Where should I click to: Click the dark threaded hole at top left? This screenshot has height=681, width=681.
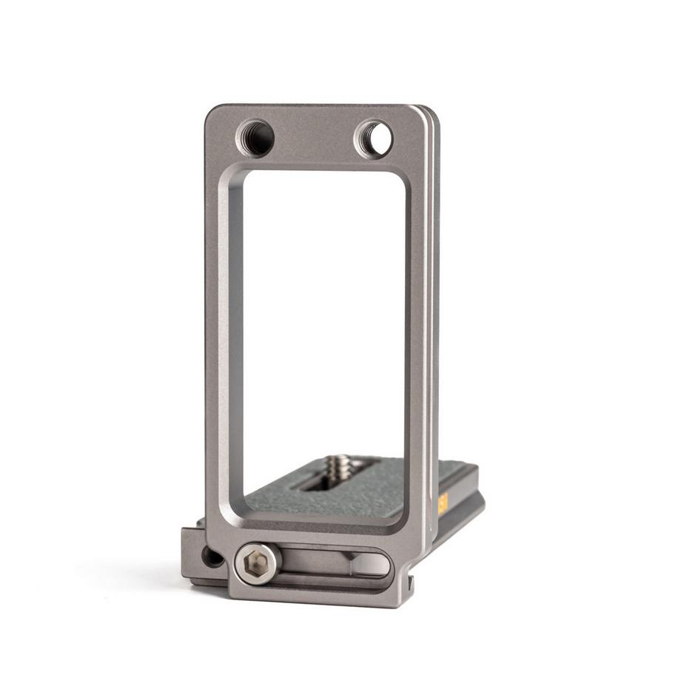(255, 138)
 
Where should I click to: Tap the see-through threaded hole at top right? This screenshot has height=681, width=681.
(374, 138)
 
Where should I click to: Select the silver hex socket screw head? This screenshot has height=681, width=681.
(256, 565)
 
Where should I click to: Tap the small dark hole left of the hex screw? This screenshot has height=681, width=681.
(212, 557)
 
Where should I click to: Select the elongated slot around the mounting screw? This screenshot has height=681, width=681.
(326, 484)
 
